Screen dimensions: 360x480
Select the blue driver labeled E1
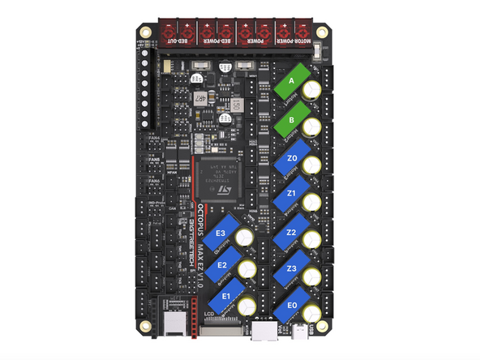(226, 295)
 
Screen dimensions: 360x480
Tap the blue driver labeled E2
(222, 264)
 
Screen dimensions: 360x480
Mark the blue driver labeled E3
(220, 235)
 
